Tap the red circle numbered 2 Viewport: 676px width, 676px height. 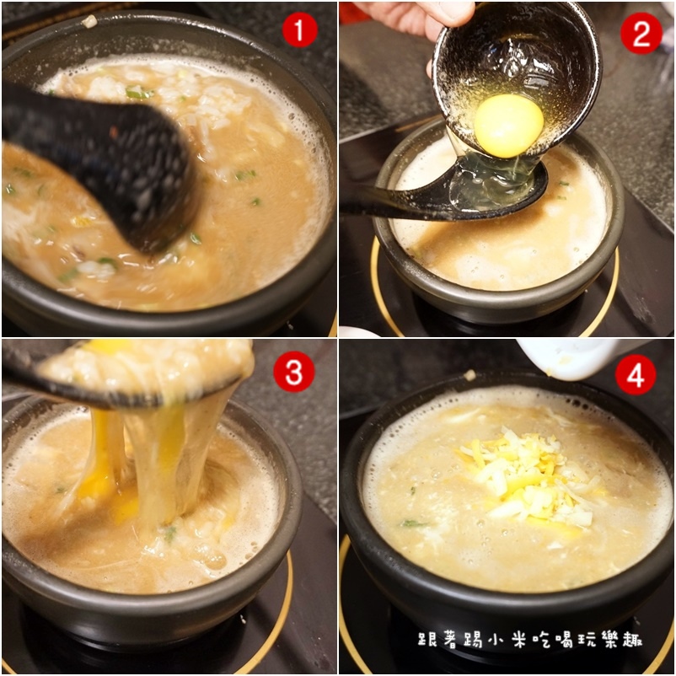(641, 33)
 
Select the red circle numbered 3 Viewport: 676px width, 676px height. (293, 372)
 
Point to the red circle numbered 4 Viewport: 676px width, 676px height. (636, 374)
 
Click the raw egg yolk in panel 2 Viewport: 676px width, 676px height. (508, 125)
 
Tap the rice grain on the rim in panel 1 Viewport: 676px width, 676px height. (89, 21)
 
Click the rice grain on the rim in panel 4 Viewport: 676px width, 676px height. (469, 375)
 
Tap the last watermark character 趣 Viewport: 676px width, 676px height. (633, 640)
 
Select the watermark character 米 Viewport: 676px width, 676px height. (520, 640)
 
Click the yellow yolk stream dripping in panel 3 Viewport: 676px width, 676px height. (101, 457)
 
